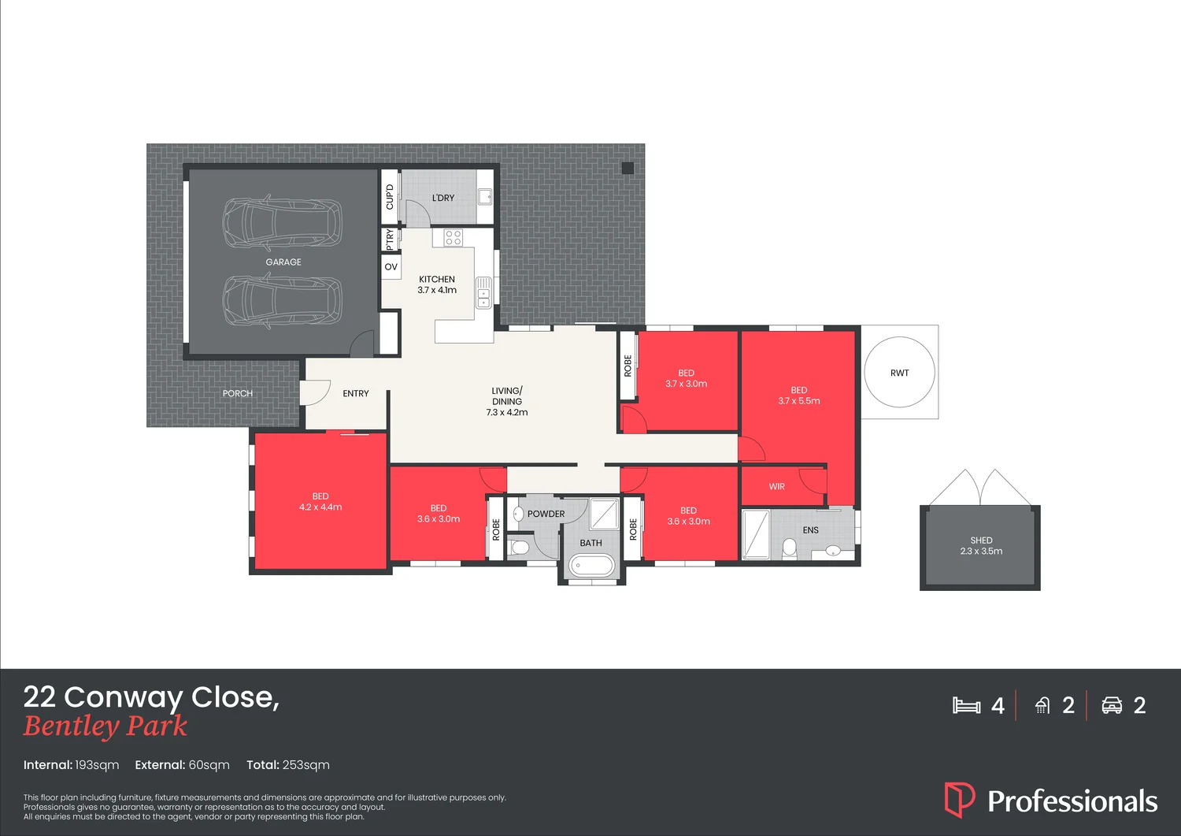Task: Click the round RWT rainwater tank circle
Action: point(899,372)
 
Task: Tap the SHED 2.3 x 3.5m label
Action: point(981,546)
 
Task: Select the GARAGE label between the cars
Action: point(283,262)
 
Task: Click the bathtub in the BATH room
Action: point(591,565)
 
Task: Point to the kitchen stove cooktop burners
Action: point(453,237)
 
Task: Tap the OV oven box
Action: point(391,267)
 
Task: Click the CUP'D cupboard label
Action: point(390,197)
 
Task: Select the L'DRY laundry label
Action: point(443,198)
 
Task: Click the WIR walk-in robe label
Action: point(776,487)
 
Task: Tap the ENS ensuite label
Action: point(810,530)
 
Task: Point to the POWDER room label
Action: point(546,514)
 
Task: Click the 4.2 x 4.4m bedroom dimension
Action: point(320,507)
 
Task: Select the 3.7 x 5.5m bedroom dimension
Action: point(799,401)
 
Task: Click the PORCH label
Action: point(237,393)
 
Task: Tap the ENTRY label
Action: point(356,393)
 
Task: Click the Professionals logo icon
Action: point(959,800)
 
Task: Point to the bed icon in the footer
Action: point(966,705)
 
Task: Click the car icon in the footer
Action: point(1112,705)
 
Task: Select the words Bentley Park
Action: point(106,726)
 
